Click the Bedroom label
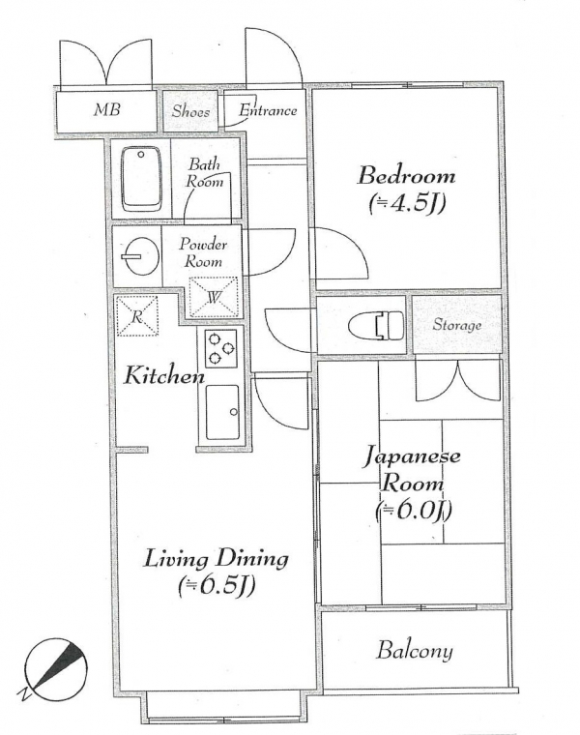click(406, 176)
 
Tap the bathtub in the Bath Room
click(140, 179)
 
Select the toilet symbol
click(376, 325)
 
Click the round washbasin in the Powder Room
click(140, 256)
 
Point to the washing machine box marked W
click(214, 297)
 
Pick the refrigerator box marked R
click(137, 316)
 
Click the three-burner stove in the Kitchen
click(220, 348)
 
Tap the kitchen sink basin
click(222, 412)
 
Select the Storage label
click(457, 324)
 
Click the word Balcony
click(415, 651)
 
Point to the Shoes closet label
click(190, 111)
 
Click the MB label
click(107, 109)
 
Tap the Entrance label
click(268, 110)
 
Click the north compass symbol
click(56, 669)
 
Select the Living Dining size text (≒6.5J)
click(216, 586)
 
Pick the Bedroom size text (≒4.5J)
click(406, 204)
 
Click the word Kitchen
click(164, 375)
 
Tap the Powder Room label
click(203, 252)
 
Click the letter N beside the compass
click(25, 693)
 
